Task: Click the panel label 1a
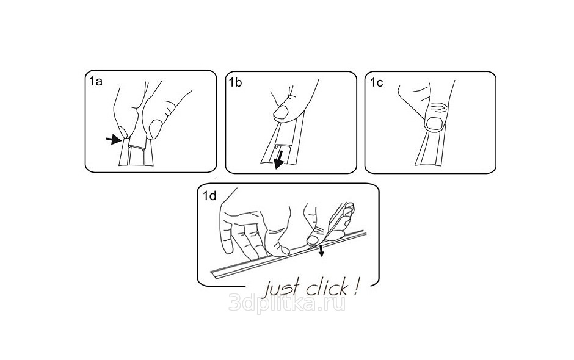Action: point(96,81)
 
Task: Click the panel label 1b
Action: point(235,83)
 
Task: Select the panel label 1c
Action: point(376,83)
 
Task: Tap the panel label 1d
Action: point(210,196)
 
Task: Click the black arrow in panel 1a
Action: point(114,139)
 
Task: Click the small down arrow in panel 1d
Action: point(321,251)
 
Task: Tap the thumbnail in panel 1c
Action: point(435,124)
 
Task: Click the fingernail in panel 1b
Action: point(282,112)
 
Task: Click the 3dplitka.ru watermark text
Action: point(287,303)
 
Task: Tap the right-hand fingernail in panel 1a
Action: point(156,129)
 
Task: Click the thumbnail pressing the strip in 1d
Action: point(312,240)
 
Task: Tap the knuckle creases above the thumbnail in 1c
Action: point(439,107)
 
